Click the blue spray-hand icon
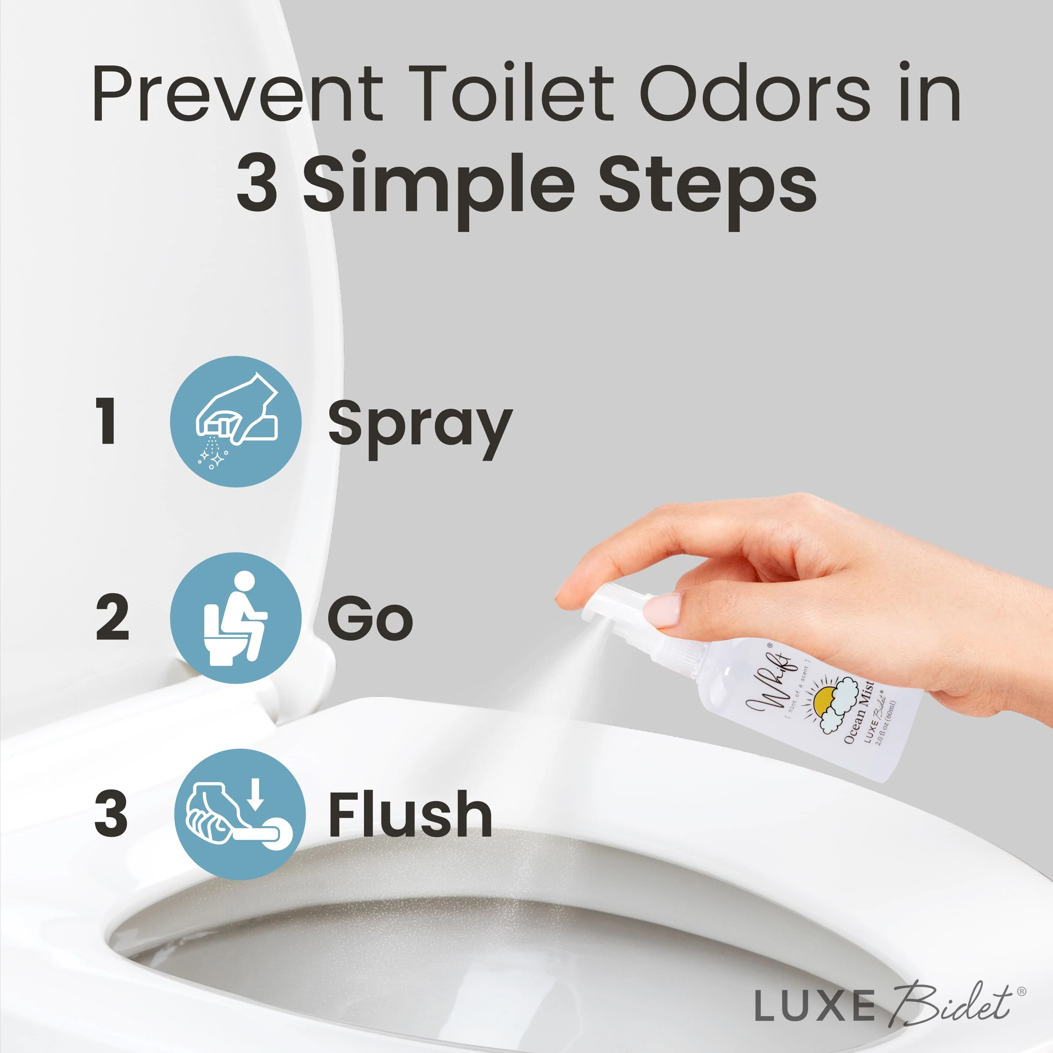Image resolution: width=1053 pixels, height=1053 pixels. click(236, 421)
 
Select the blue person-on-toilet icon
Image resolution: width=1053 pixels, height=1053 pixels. click(236, 617)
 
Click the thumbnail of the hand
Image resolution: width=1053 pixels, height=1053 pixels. click(662, 610)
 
